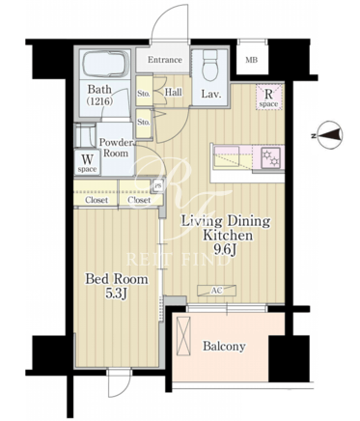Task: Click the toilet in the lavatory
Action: coord(211,66)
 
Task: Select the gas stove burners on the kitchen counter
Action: coord(270,157)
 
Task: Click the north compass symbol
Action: coord(329,136)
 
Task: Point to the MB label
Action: coord(252,60)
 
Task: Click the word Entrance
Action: coord(165,60)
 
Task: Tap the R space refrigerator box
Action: coord(269,97)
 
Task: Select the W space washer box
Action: coord(87,162)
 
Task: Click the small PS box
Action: coord(157,186)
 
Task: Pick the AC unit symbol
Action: coord(216,291)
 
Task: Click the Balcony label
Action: coord(224,347)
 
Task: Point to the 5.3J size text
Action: coord(116,294)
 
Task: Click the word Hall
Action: coord(174,93)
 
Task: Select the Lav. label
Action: coord(211,94)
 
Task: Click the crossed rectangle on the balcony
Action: coord(183,337)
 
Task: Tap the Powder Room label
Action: coord(116,148)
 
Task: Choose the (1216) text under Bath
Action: coord(99,101)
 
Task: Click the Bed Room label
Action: coord(117,279)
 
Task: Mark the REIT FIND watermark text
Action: coord(178,260)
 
